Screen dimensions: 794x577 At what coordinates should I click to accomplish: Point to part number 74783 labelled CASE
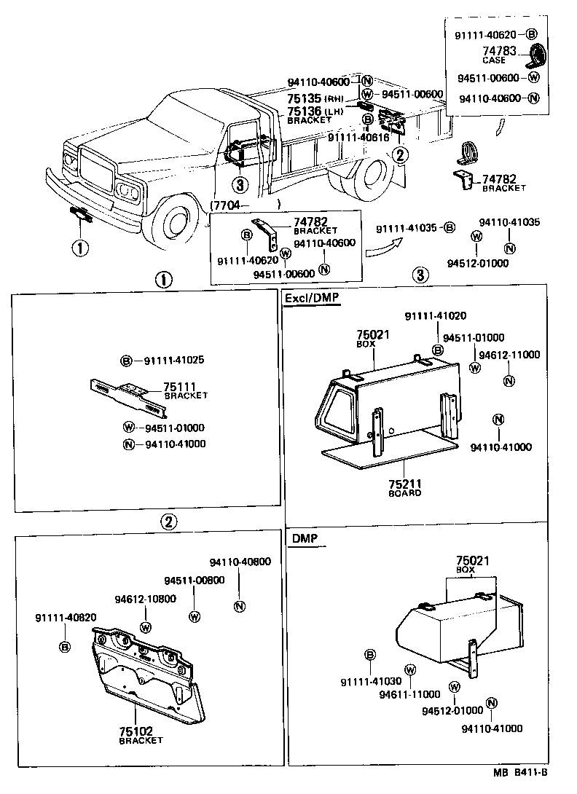click(x=500, y=51)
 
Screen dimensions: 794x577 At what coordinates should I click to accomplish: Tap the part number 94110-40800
click(x=240, y=562)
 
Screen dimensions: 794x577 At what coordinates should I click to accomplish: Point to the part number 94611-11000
click(x=409, y=695)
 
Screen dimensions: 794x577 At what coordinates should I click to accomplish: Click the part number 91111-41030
click(x=370, y=681)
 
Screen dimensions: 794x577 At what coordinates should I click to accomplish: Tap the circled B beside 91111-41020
click(x=438, y=350)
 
